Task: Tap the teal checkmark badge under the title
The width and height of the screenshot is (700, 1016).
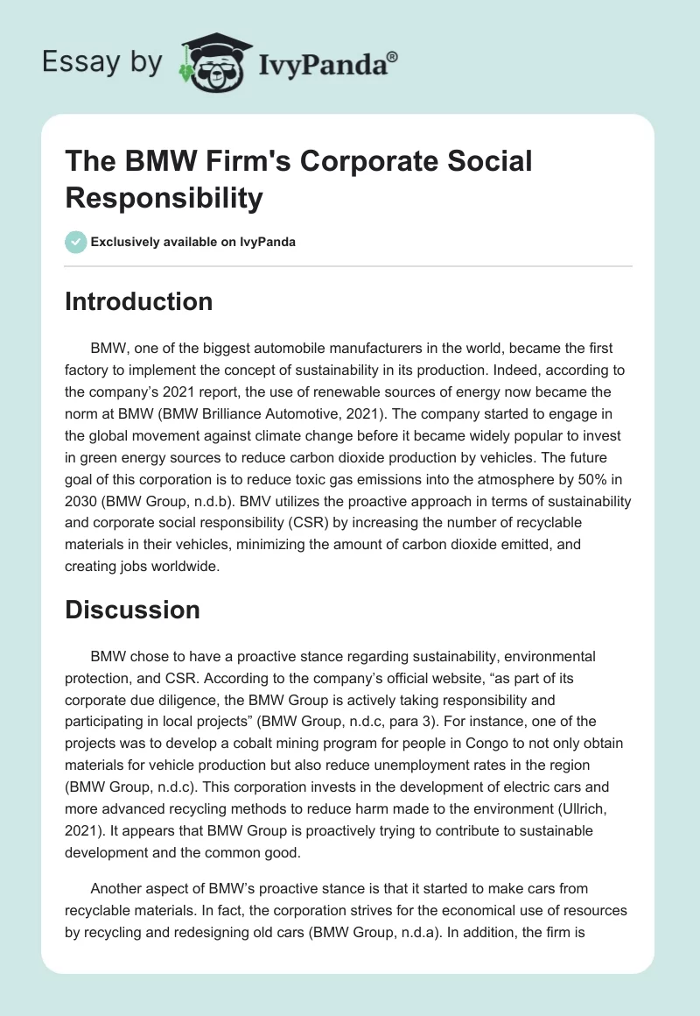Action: [x=76, y=242]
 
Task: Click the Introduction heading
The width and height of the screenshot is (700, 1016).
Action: [x=138, y=301]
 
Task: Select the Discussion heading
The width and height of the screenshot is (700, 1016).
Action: [x=132, y=610]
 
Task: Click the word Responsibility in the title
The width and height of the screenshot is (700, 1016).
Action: [x=164, y=198]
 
